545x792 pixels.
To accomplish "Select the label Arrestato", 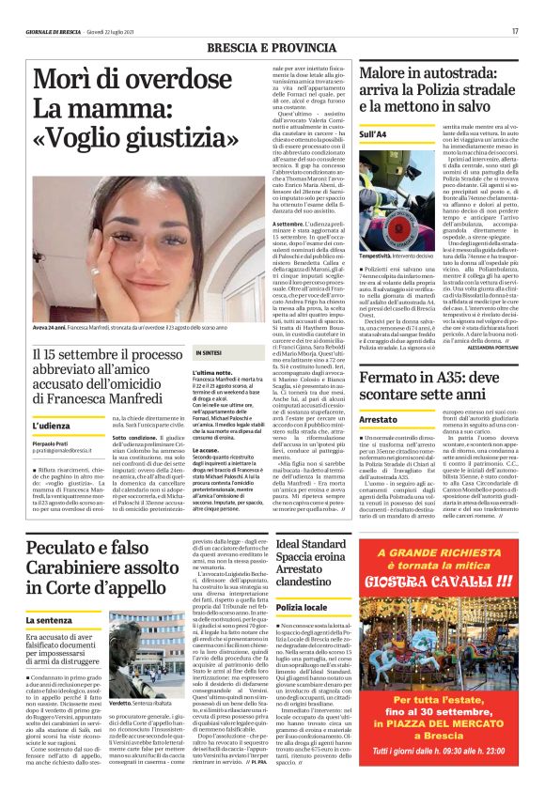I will [x=378, y=421].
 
